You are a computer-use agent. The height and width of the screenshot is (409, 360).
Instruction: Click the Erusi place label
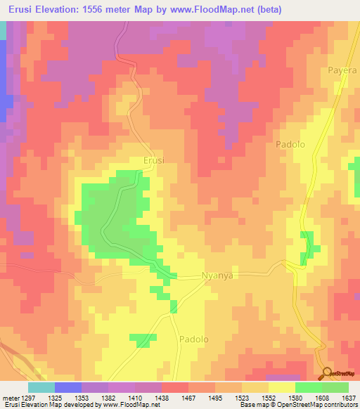pyautogui.click(x=153, y=160)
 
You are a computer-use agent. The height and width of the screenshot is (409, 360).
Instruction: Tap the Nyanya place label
pyautogui.click(x=217, y=276)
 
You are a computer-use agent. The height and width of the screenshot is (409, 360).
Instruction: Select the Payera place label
pyautogui.click(x=342, y=71)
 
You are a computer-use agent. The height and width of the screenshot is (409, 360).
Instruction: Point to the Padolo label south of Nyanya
pyautogui.click(x=194, y=338)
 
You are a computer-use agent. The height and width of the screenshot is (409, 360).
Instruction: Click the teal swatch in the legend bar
pyautogui.click(x=41, y=387)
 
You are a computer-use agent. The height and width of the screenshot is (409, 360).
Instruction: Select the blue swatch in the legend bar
pyautogui.click(x=67, y=387)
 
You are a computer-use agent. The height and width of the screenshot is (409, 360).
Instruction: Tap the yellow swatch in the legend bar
pyautogui.click(x=281, y=387)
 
